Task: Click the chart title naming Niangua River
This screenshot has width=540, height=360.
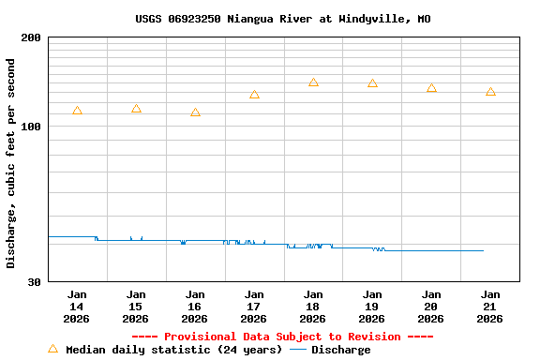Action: [x=282, y=19]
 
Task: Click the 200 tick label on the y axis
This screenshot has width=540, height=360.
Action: [x=31, y=37]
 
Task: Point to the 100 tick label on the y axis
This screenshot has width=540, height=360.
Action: [x=31, y=127]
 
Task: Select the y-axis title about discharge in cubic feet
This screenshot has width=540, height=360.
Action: [x=11, y=163]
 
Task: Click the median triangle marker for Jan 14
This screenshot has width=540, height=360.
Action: [x=77, y=111]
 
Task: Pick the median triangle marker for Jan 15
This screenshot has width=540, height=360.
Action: [x=136, y=109]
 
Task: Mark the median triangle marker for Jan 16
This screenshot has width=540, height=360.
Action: [x=195, y=112]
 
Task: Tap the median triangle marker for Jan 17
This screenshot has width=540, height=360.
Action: [x=254, y=95]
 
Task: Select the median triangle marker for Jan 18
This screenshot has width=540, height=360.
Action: [x=313, y=82]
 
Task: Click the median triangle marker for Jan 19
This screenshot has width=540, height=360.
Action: [x=372, y=83]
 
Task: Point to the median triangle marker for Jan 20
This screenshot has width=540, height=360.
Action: [x=431, y=88]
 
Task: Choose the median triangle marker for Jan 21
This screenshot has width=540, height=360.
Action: [x=490, y=92]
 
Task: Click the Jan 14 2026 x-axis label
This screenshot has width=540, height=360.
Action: [x=77, y=306]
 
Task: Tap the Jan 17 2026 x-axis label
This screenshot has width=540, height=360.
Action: [x=254, y=306]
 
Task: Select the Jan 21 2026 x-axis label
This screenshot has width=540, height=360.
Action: [x=490, y=306]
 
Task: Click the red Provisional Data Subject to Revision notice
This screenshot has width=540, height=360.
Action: [x=282, y=337]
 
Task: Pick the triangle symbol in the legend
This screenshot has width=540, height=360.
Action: [x=52, y=349]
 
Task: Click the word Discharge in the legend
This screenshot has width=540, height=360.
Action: [x=340, y=350]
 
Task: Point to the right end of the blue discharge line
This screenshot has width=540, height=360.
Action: [x=483, y=250]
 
